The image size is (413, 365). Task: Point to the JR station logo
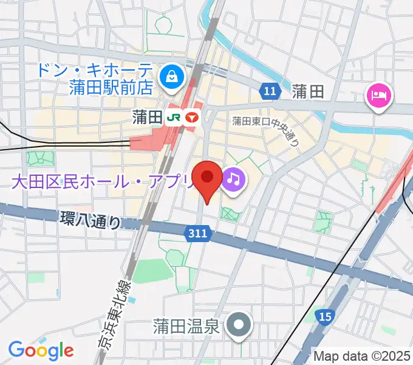174,116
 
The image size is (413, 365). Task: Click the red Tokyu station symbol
193,116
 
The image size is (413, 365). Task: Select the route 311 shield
197,233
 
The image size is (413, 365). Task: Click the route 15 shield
326,316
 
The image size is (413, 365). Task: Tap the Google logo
41,350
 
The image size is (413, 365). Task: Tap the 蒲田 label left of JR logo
146,116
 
